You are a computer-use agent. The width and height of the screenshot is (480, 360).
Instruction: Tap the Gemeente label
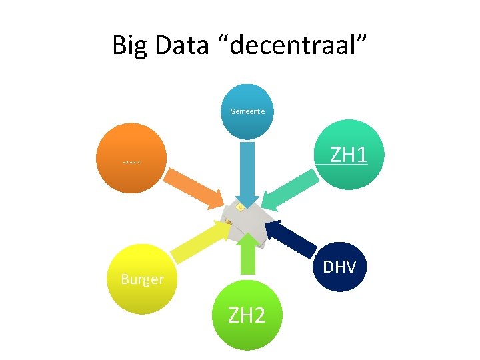247,111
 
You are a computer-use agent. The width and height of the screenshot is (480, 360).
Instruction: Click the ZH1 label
349,155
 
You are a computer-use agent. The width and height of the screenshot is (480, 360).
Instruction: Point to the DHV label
339,267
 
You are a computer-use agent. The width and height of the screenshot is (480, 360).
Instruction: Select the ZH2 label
247,315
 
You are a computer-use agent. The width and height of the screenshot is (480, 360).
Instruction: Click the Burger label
142,279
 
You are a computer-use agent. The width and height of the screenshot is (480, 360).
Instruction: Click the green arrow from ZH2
247,257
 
